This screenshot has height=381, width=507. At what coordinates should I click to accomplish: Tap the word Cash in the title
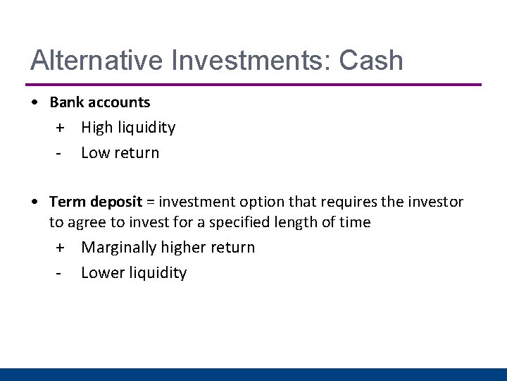click(371, 61)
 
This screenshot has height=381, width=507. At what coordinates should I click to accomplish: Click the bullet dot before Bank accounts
click(35, 102)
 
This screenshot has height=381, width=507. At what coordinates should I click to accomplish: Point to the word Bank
click(66, 102)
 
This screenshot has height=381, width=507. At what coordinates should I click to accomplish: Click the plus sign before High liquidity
click(61, 128)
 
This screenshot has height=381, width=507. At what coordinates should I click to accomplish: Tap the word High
click(97, 128)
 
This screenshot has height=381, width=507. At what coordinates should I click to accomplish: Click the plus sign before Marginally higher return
click(61, 248)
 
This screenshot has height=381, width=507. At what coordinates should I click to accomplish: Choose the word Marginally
click(119, 248)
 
